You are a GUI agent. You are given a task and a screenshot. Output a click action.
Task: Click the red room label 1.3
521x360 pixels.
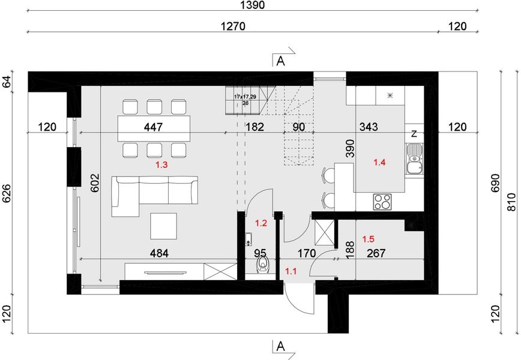click(161, 164)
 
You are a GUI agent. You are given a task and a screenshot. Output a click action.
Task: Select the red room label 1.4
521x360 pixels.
click(379, 163)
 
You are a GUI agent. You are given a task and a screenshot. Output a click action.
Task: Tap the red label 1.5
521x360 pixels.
click(368, 239)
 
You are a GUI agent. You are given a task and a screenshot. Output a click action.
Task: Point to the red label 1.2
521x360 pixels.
click(261, 223)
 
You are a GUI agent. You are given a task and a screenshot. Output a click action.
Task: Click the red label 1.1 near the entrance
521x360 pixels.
click(291, 271)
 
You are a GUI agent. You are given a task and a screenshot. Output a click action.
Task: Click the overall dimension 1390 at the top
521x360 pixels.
click(253, 5)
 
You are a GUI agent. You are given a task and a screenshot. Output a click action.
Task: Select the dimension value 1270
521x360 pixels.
click(233, 26)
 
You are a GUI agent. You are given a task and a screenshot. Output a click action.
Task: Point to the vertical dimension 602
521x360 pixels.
click(95, 183)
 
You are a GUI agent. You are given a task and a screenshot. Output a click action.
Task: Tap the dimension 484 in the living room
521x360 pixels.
click(159, 253)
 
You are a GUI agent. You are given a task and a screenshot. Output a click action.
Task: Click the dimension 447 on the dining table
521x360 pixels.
click(154, 127)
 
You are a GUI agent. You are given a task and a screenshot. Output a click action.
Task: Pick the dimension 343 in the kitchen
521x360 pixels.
click(369, 127)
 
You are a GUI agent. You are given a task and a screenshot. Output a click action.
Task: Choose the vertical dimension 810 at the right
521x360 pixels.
click(512, 202)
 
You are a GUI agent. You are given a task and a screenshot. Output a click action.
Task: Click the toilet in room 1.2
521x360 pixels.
click(264, 266)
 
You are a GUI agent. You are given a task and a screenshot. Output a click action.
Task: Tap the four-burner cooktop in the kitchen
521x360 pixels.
click(382, 201)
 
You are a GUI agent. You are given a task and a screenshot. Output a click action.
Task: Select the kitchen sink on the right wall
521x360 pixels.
click(414, 159)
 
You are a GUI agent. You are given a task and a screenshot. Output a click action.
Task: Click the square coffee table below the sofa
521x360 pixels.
click(163, 226)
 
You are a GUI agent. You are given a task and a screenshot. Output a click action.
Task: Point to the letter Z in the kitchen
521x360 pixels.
click(414, 134)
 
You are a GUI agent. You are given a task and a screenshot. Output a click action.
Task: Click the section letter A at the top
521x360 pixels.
click(281, 61)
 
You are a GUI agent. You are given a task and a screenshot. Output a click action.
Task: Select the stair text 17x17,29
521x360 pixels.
click(245, 97)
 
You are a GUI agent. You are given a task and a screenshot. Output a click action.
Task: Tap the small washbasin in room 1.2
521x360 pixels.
click(248, 239)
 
